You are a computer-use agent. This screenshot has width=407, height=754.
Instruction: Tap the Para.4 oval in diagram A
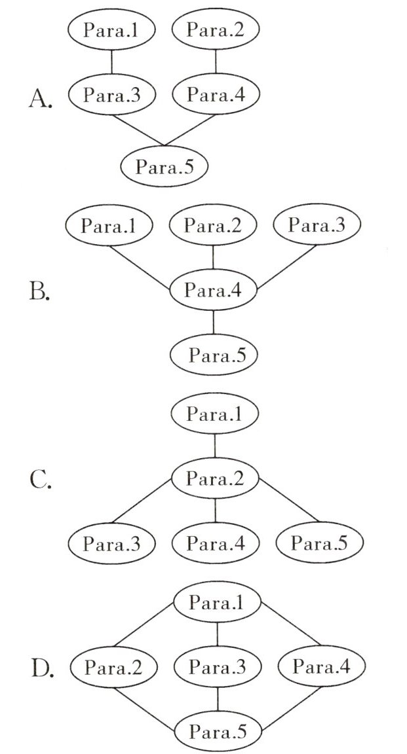click(216, 94)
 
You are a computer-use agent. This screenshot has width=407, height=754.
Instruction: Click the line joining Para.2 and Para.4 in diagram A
click(216, 62)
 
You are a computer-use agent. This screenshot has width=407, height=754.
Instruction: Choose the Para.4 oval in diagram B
click(214, 290)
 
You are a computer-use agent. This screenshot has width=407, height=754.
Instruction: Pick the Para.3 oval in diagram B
click(317, 226)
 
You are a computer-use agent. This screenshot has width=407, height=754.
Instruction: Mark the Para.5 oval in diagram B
click(214, 355)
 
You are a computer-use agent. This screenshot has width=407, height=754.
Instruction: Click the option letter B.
click(40, 292)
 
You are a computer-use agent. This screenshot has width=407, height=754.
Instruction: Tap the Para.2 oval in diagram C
click(216, 479)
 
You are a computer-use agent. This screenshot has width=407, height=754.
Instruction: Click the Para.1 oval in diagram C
click(216, 414)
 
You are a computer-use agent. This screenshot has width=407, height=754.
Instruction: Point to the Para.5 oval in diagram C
click(319, 543)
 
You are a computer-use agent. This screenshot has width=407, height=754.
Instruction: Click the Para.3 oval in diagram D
click(218, 668)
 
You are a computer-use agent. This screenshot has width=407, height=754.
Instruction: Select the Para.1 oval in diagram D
click(218, 603)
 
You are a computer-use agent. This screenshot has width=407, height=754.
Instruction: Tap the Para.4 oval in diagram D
click(321, 668)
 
